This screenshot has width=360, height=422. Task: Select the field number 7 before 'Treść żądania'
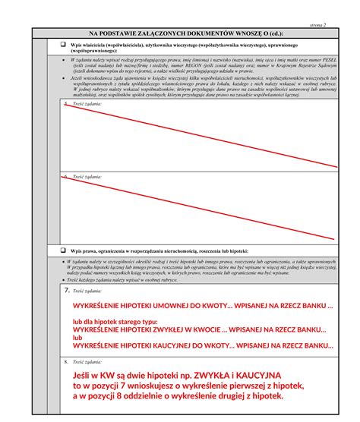[68, 291]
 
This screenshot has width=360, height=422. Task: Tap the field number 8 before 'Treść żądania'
[67, 363]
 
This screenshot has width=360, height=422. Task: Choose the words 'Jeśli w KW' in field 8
[94, 375]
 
